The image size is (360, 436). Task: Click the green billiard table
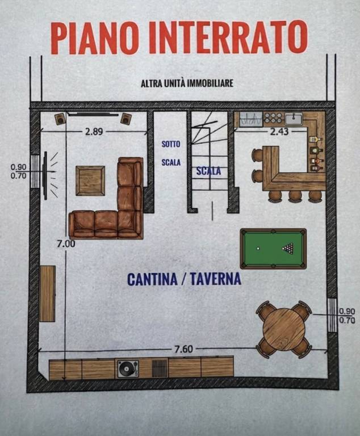pos(273,249)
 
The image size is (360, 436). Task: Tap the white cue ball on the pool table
pos(258,248)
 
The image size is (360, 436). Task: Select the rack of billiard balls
pos(288,248)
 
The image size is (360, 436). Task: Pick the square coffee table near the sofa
pos(90,181)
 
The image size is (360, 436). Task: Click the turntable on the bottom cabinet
pos(128,368)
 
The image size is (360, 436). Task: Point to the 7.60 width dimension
pos(183,349)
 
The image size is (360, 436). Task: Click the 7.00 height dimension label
pos(66,244)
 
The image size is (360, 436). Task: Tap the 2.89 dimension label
pos(94,132)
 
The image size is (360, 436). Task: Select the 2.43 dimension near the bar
pos(279,132)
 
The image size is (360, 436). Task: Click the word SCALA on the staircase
pos(208,171)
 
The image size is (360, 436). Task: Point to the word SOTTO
pos(171,144)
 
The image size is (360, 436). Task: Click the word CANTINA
pos(152,279)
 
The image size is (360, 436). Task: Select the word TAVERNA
pos(216,279)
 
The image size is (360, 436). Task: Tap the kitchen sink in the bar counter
pos(294,119)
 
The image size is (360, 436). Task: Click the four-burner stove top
pos(273,118)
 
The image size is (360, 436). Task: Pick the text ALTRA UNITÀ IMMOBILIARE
pos(187,83)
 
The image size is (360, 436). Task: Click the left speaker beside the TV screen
pos(60,119)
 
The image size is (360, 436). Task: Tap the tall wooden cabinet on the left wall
pos(47,294)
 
